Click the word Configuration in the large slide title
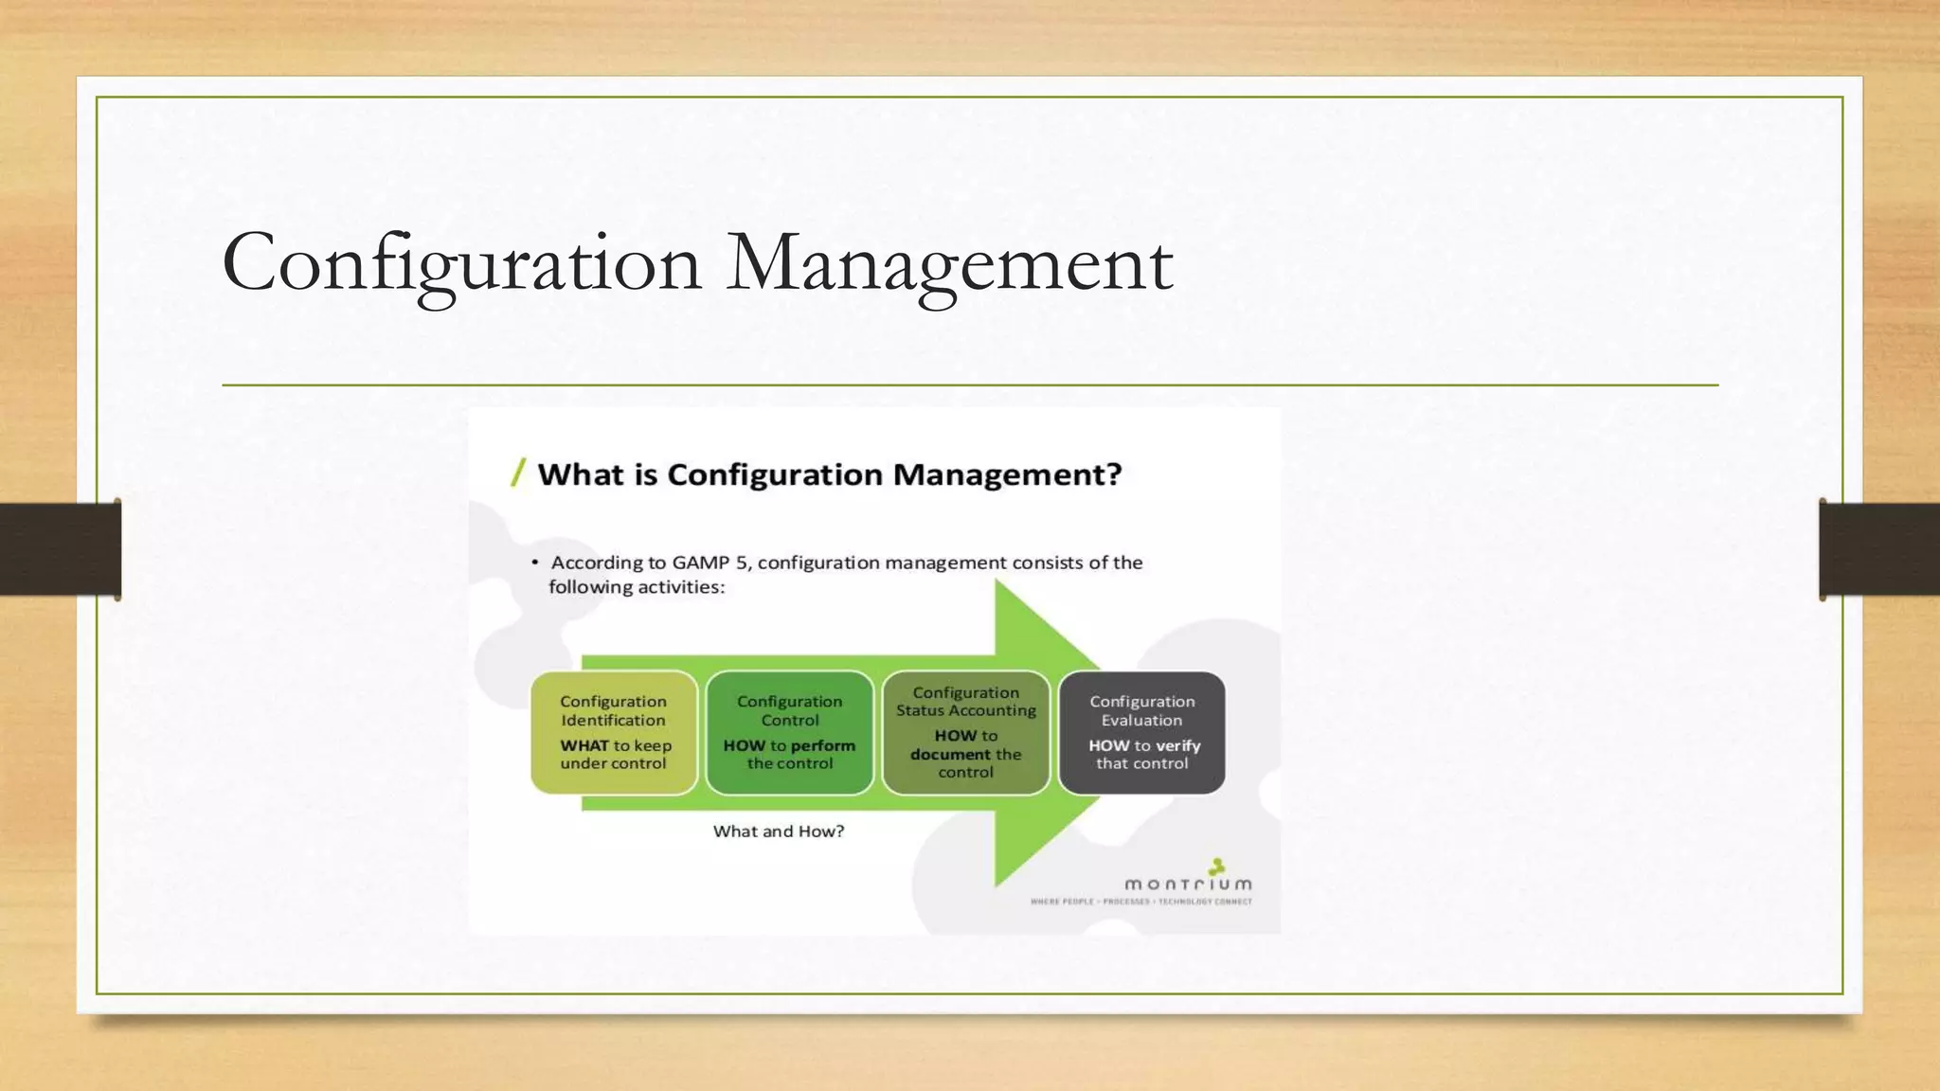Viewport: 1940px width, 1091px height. coord(461,263)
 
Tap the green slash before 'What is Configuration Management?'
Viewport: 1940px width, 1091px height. coord(518,472)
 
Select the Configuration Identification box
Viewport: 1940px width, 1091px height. coord(614,732)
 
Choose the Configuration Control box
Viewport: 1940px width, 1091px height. coord(789,732)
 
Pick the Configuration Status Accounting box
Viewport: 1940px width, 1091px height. coord(965,732)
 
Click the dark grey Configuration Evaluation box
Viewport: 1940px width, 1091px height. coord(1141,732)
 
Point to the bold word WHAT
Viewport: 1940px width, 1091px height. coord(584,746)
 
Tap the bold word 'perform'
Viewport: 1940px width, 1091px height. coord(822,746)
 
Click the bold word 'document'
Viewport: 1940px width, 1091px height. coord(950,755)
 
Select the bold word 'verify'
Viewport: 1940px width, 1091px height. coord(1178,746)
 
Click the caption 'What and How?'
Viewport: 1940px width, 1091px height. coord(779,832)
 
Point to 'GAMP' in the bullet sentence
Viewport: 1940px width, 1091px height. coord(700,563)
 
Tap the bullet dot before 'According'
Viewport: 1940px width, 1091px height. coord(534,563)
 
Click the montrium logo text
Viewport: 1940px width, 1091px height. coord(1188,885)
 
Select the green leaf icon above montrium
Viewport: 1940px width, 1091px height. coord(1217,866)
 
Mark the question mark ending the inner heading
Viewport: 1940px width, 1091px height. coord(1113,474)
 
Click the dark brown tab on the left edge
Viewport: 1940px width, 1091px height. coord(60,549)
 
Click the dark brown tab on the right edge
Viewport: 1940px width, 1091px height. coord(1879,549)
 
